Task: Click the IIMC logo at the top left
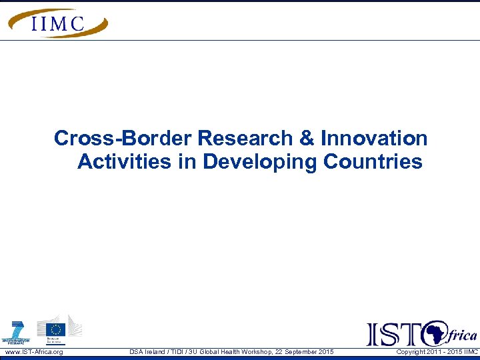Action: tap(57, 23)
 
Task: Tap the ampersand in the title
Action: tap(307, 139)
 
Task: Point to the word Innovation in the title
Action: tap(374, 139)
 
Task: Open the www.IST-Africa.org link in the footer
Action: tap(34, 352)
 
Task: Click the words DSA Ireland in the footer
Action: tap(148, 352)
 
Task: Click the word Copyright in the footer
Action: tap(411, 352)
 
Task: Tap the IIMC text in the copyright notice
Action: tap(470, 352)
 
